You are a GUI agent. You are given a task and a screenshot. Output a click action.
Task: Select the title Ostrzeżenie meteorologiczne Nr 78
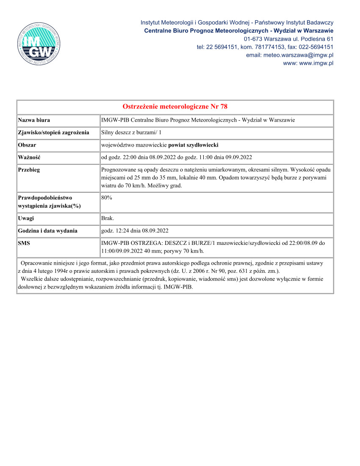tap(175, 106)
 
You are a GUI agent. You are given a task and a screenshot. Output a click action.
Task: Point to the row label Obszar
tap(27, 145)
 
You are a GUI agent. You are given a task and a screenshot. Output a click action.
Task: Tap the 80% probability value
tap(107, 197)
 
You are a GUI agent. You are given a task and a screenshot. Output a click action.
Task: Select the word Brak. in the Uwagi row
tap(108, 218)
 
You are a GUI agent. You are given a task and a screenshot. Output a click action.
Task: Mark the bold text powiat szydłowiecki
tap(194, 145)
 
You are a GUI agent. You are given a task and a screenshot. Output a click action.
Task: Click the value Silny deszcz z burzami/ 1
tap(131, 133)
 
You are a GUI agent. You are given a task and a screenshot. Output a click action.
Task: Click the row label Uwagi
tap(26, 218)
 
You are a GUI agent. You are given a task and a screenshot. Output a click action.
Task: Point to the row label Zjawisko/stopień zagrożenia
tap(53, 133)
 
